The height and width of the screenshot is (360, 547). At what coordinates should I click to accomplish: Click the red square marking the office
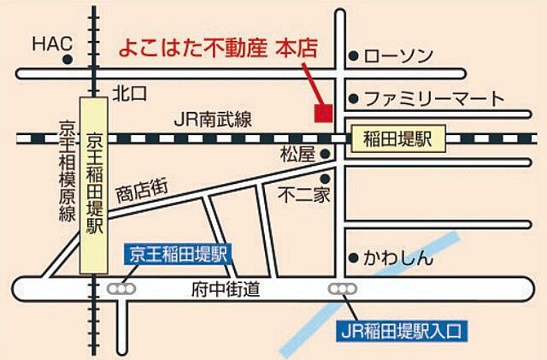pos(322,112)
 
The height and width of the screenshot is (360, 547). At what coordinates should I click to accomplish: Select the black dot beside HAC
pos(68,58)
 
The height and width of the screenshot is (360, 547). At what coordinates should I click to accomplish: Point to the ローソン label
pos(398,56)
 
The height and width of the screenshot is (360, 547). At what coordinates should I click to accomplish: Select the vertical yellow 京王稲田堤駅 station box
pos(93,185)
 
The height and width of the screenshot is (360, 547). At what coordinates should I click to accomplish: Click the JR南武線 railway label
pos(212,121)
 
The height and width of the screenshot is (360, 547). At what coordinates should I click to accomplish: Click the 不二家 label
pos(304,196)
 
